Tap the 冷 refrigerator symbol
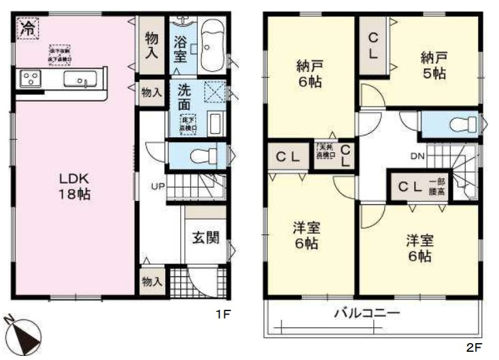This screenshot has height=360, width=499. pos(27,28)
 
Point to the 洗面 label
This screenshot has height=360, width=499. pos(184,97)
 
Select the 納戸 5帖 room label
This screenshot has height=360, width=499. pos(433,67)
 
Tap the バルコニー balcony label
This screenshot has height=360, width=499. pos(366,314)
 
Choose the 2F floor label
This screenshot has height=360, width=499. pos(473,347)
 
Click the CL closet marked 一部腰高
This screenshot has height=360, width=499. pos(417,185)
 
